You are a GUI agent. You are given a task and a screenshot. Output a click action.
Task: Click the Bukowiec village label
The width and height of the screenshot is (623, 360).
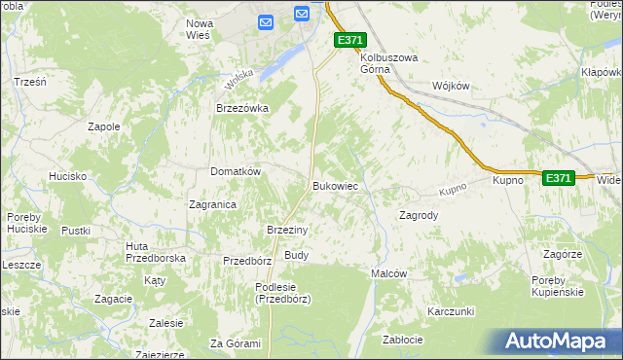[338, 185]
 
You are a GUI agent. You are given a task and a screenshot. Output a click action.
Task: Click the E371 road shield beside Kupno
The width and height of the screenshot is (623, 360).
[559, 178]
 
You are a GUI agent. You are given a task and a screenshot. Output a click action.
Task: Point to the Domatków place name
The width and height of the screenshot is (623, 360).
[236, 171]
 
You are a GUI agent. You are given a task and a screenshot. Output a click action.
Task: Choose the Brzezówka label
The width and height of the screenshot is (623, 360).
[241, 109]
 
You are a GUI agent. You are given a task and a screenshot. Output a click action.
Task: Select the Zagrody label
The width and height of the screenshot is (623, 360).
[419, 215]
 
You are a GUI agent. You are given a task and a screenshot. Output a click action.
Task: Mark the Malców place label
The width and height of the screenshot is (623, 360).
[388, 274]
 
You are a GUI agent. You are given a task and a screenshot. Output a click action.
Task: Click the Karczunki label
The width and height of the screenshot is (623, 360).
[450, 311]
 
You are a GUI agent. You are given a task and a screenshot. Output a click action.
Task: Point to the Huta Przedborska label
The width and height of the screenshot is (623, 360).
[156, 253]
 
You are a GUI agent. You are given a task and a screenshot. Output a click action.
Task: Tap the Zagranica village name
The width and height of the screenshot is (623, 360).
[213, 204]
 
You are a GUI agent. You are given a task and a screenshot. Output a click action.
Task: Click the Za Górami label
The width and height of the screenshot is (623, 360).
[236, 343]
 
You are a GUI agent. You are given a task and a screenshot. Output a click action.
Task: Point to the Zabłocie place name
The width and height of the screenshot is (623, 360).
[402, 340]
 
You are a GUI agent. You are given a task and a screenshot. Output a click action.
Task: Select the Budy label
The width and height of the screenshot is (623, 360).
[296, 255]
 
